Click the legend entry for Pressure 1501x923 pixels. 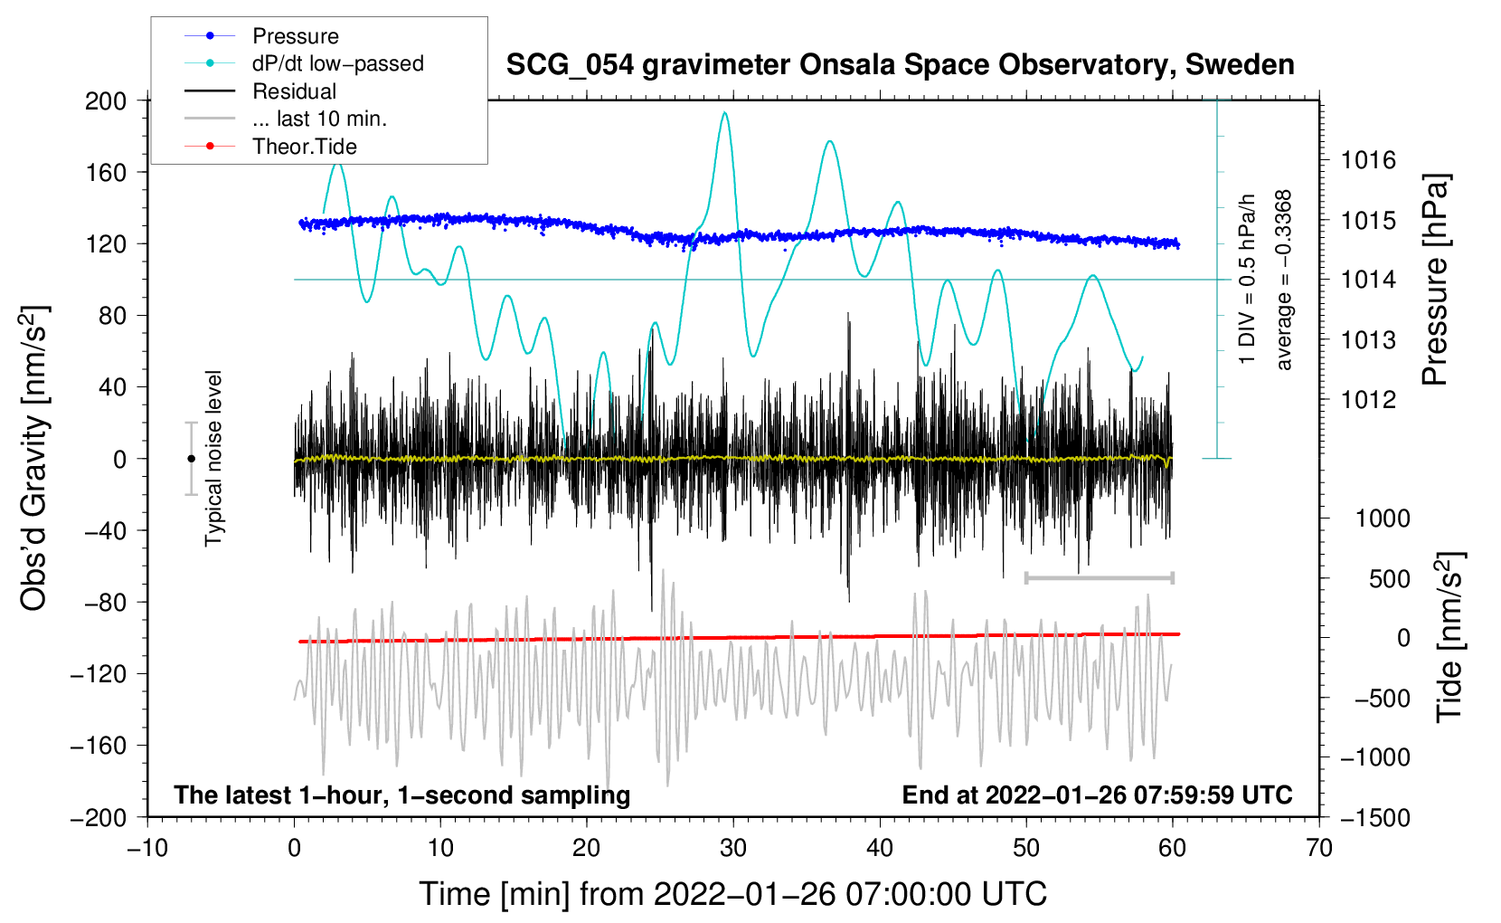[295, 36]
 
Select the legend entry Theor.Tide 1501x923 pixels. [304, 147]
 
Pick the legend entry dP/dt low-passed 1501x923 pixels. [337, 64]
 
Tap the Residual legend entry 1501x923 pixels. [294, 91]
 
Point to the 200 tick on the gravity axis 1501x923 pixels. [106, 100]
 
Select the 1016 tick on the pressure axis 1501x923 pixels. [1368, 161]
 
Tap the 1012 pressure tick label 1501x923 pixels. [1368, 399]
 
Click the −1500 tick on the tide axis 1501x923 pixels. [1374, 818]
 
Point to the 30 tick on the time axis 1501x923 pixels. [733, 848]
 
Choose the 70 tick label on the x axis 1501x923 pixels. [1319, 848]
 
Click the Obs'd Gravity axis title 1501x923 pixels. [34, 459]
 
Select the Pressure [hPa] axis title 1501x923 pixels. [1436, 281]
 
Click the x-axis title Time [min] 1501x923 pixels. [732, 894]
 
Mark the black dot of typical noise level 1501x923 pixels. [191, 459]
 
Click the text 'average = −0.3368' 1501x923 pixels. [1284, 281]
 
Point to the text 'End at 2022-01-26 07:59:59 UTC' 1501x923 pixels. [1097, 795]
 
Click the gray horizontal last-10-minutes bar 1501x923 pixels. [1099, 577]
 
